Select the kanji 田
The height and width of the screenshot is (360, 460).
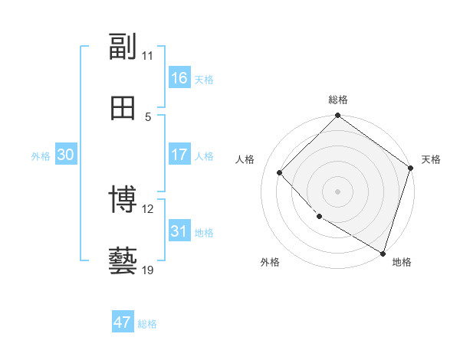[123, 108]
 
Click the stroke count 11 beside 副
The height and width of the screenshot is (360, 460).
[148, 55]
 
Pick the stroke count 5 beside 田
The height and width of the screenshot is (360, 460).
[148, 116]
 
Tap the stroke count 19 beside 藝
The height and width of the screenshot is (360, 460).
[148, 270]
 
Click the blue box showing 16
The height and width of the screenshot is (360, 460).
[179, 78]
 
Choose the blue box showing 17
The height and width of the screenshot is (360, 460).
[179, 155]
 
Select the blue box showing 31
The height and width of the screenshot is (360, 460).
[179, 231]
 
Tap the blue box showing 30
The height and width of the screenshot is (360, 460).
[66, 155]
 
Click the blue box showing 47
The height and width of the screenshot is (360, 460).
[123, 322]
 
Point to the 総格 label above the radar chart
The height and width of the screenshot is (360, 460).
[338, 100]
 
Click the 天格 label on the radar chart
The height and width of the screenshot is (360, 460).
[431, 159]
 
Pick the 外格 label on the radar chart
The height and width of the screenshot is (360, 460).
[270, 262]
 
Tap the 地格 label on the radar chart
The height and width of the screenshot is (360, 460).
[402, 262]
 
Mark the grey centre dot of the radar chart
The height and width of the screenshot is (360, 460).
[338, 191]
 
